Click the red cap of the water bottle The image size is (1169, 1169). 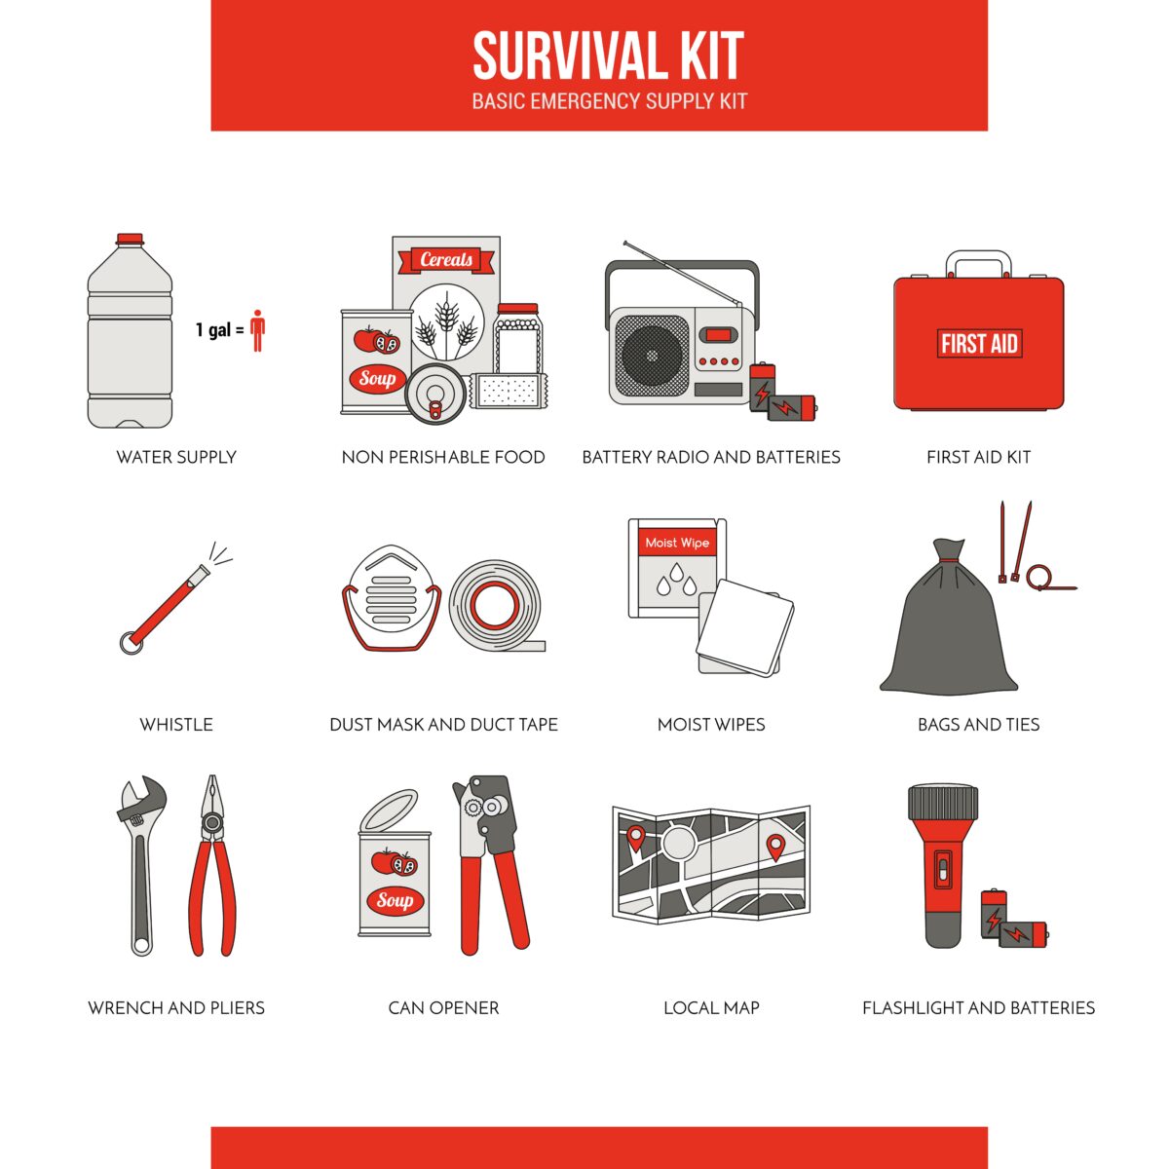click(130, 239)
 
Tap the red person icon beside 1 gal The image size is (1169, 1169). click(257, 330)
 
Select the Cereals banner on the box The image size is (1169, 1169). click(446, 260)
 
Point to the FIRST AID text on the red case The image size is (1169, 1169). click(979, 344)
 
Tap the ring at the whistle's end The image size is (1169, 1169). click(130, 643)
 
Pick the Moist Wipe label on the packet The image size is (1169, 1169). click(677, 543)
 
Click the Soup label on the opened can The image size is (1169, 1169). click(395, 900)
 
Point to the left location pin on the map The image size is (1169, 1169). click(635, 836)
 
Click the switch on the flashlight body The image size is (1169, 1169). click(942, 868)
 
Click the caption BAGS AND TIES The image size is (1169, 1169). click(978, 725)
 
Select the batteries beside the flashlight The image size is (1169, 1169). click(1013, 921)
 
